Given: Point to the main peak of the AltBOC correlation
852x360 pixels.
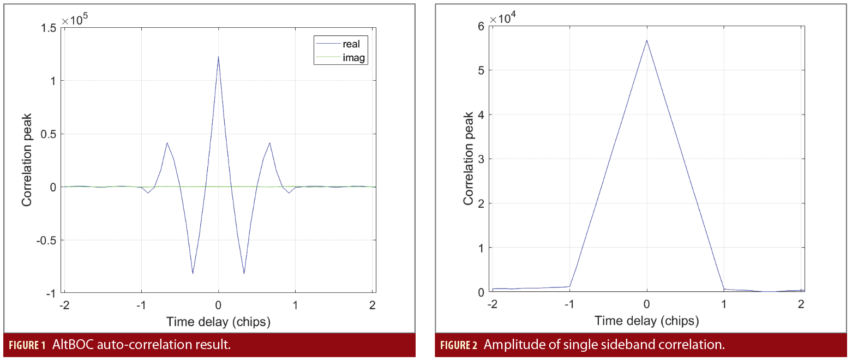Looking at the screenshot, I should [218, 57].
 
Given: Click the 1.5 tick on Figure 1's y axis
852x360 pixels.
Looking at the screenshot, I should [47, 28].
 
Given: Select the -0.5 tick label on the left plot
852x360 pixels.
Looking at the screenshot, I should [45, 240].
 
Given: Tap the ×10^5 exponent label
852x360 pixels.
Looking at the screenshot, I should [75, 21].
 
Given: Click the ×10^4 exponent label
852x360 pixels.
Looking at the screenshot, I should [503, 20].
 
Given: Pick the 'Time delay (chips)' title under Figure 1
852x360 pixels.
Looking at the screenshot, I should [218, 322].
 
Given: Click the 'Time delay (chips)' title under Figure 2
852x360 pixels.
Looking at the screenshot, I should [646, 321].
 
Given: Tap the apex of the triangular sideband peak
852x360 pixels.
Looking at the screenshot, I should [647, 40].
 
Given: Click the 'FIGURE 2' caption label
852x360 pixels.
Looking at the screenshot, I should [458, 345].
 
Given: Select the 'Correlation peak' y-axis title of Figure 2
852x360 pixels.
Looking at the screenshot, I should [468, 159].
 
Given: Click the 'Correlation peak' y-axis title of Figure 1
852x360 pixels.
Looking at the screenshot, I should [26, 160].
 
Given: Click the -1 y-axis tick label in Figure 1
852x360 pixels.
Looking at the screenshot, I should [51, 293].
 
